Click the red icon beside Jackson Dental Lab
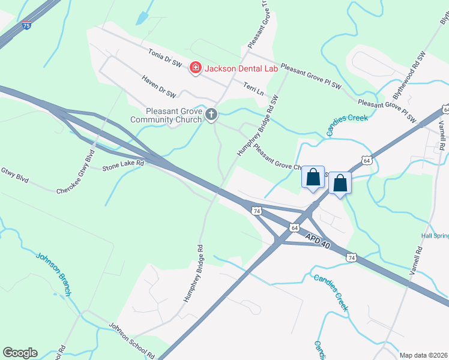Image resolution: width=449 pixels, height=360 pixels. pos(195,68)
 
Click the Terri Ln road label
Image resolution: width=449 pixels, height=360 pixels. pos(253,88)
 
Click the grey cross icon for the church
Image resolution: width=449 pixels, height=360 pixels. pos(211,114)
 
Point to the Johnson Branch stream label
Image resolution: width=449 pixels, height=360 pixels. pos(55,274)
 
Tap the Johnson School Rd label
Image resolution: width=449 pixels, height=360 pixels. pos(131,340)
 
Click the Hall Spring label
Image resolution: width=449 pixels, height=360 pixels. pos(435,236)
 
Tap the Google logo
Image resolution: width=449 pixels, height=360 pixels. pos(20,353)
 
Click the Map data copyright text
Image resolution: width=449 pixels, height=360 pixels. pos(424,355)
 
